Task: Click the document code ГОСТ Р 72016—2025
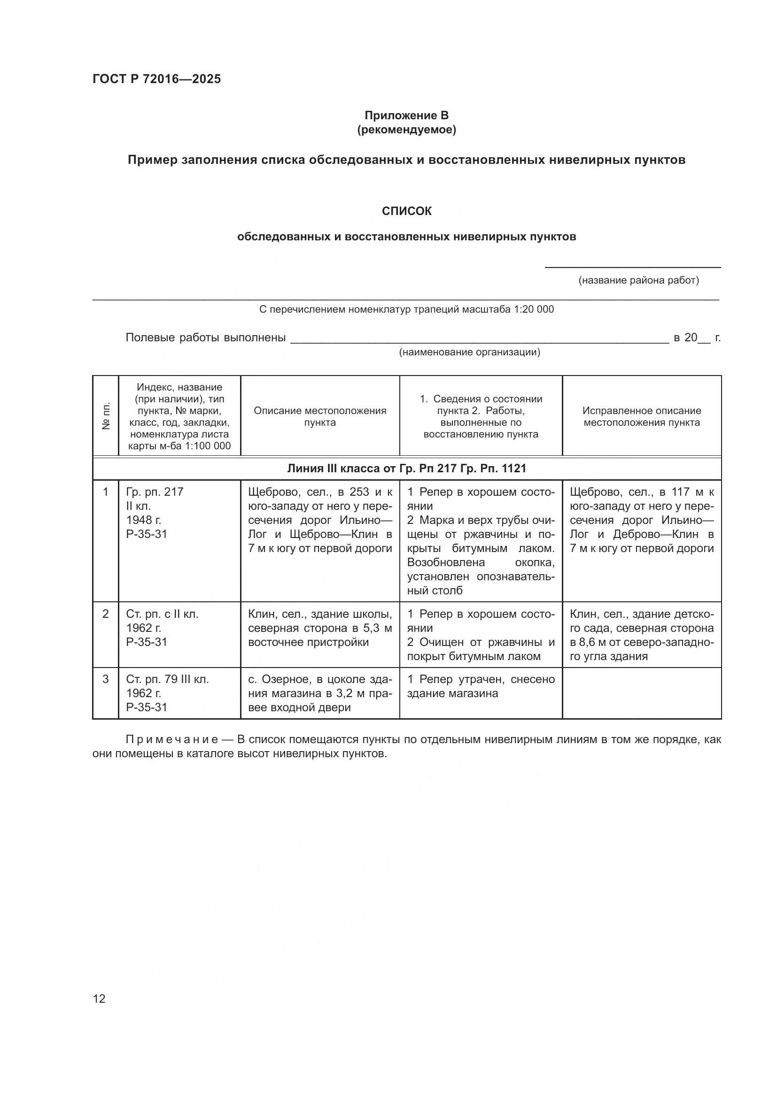pyautogui.click(x=156, y=79)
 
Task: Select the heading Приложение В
pyautogui.click(x=406, y=115)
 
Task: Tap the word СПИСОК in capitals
pyautogui.click(x=406, y=211)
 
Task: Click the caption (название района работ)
pyautogui.click(x=638, y=280)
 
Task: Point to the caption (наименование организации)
pyautogui.click(x=469, y=353)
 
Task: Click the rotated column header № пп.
pyautogui.click(x=106, y=415)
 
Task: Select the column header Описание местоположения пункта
pyautogui.click(x=319, y=416)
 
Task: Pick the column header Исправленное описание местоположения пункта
pyautogui.click(x=641, y=416)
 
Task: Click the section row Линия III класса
pyautogui.click(x=406, y=468)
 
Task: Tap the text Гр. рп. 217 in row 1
pyautogui.click(x=155, y=491)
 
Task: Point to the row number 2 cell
pyautogui.click(x=106, y=614)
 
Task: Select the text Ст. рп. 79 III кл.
pyautogui.click(x=167, y=679)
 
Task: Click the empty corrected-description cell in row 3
pyautogui.click(x=641, y=693)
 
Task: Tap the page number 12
pyautogui.click(x=99, y=998)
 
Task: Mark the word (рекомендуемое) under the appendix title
pyautogui.click(x=406, y=130)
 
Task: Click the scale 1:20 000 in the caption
pyautogui.click(x=534, y=309)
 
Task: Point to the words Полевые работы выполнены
pyautogui.click(x=205, y=338)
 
